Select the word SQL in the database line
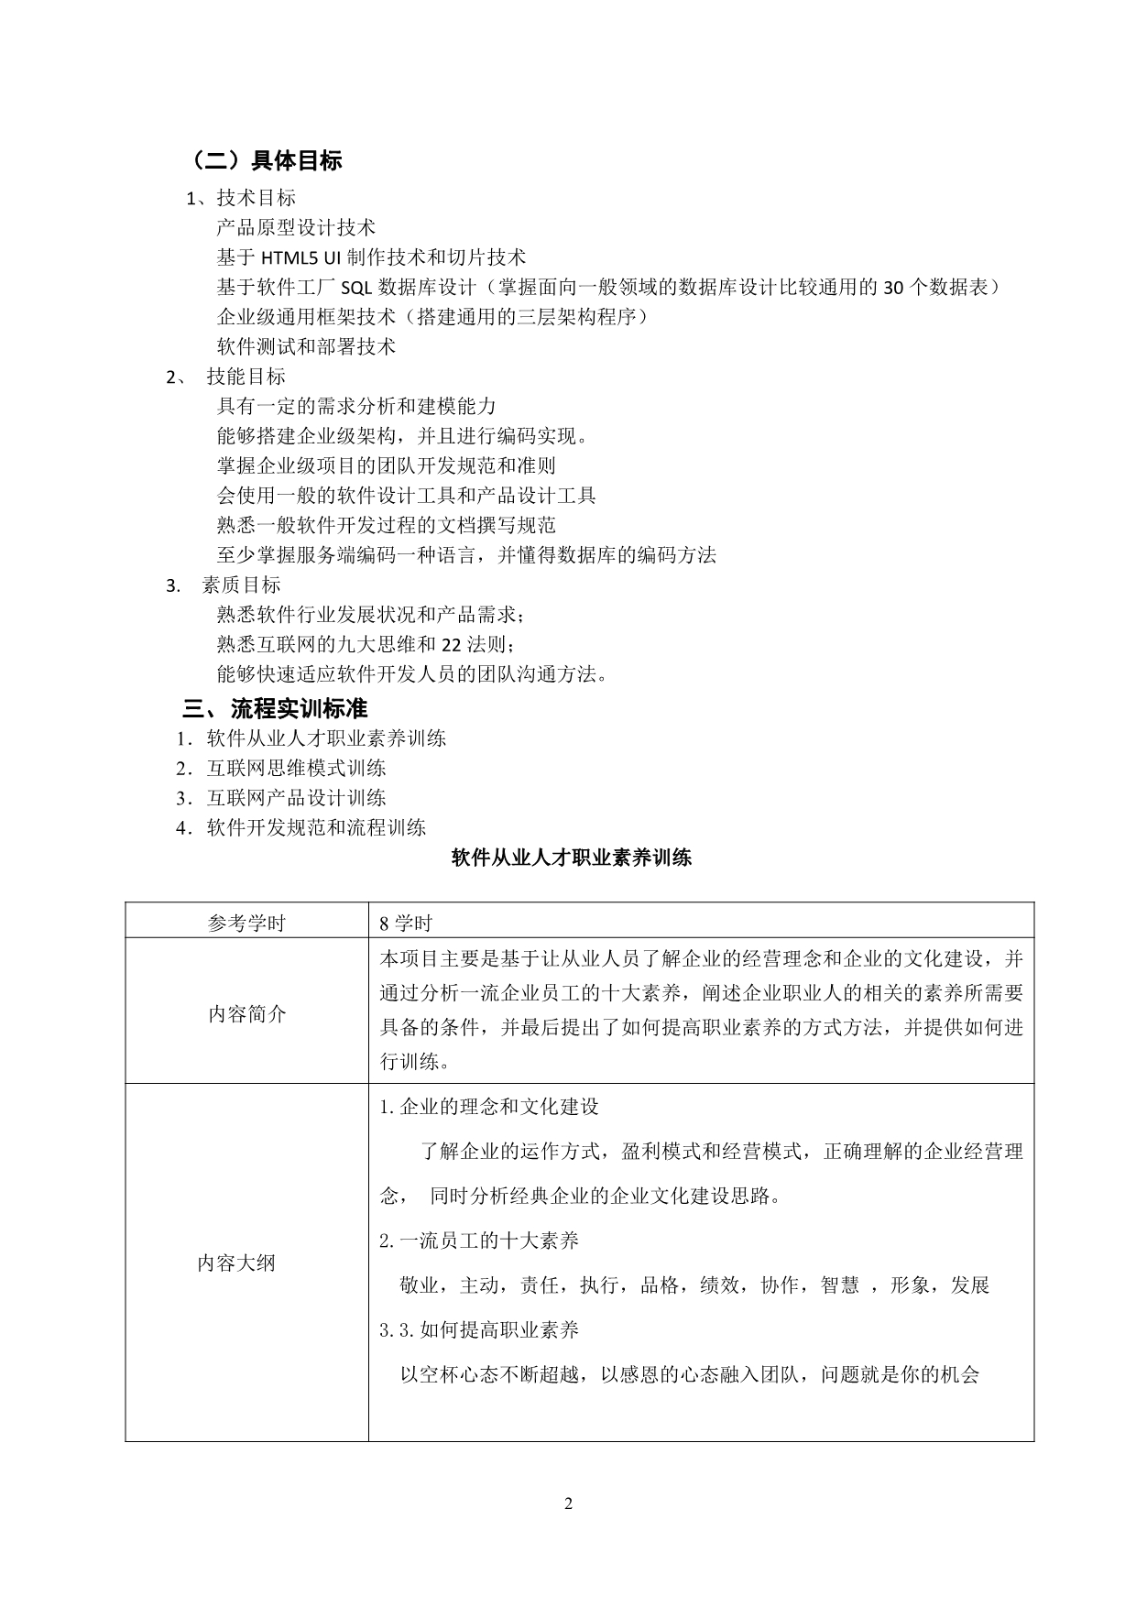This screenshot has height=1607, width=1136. (x=355, y=288)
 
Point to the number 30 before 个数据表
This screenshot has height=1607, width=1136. (x=893, y=288)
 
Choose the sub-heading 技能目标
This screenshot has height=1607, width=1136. (x=246, y=377)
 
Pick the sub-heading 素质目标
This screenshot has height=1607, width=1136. (x=241, y=585)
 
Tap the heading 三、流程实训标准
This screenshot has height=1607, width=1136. (x=275, y=709)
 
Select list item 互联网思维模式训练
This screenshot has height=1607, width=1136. (x=296, y=768)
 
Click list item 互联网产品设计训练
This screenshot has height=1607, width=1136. (x=296, y=798)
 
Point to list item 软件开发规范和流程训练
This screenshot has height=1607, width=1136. (x=316, y=828)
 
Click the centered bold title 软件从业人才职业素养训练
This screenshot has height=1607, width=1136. (x=572, y=858)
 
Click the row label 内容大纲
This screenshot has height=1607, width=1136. (x=236, y=1264)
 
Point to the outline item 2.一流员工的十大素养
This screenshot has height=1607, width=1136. (x=479, y=1241)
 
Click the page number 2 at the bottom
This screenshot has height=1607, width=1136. (x=568, y=1503)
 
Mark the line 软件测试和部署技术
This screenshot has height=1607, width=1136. (x=306, y=347)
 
